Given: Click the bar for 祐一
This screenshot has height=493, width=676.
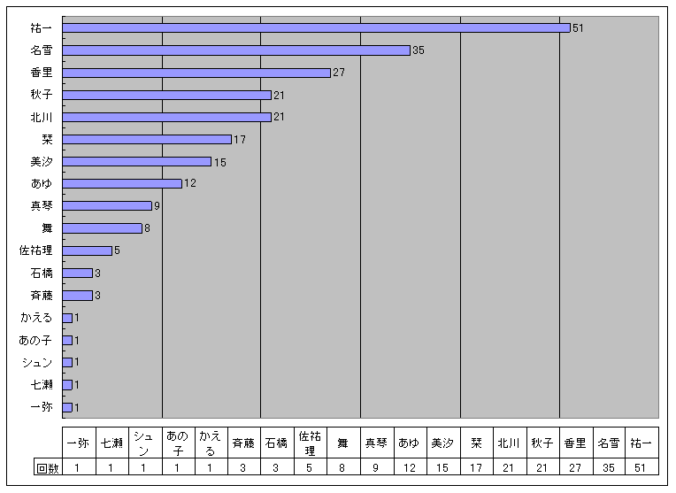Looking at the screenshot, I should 316,28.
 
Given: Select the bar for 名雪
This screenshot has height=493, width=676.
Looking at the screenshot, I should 236,50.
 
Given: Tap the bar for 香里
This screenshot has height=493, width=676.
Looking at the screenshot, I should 196,73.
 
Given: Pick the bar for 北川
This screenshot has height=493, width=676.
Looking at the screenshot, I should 166,117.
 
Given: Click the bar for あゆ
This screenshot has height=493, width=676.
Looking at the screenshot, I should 122,183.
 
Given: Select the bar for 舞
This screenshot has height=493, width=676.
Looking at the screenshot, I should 102,228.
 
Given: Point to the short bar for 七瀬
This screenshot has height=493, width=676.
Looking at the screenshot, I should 67,384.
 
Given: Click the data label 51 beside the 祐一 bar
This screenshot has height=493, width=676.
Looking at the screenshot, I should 579,28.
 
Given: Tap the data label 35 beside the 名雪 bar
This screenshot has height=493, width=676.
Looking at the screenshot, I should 419,50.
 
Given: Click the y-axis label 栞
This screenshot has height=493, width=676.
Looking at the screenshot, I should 47,140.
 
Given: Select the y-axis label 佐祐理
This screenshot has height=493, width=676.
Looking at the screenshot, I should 36,250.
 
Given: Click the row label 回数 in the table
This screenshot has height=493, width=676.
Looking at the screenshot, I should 47,468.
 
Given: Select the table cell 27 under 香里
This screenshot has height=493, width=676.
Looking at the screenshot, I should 574,468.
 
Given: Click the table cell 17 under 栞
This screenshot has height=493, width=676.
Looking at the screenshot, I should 475,468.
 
